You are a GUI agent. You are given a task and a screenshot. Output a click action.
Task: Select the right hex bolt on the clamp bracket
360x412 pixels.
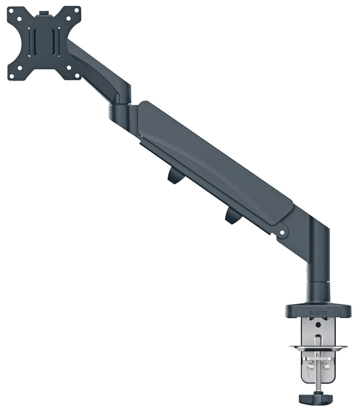pyautogui.click(x=327, y=366)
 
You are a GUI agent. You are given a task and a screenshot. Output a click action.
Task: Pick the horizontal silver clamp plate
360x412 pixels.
pyautogui.click(x=318, y=348)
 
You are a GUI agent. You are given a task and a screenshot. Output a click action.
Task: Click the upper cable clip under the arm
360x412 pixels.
pyautogui.click(x=175, y=176)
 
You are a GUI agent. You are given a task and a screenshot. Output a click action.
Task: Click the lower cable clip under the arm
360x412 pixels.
pyautogui.click(x=232, y=215)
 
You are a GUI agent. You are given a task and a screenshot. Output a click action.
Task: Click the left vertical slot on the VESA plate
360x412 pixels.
pyautogui.click(x=33, y=42)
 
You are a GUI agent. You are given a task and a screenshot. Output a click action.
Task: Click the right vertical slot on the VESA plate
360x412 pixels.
pyautogui.click(x=55, y=42)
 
